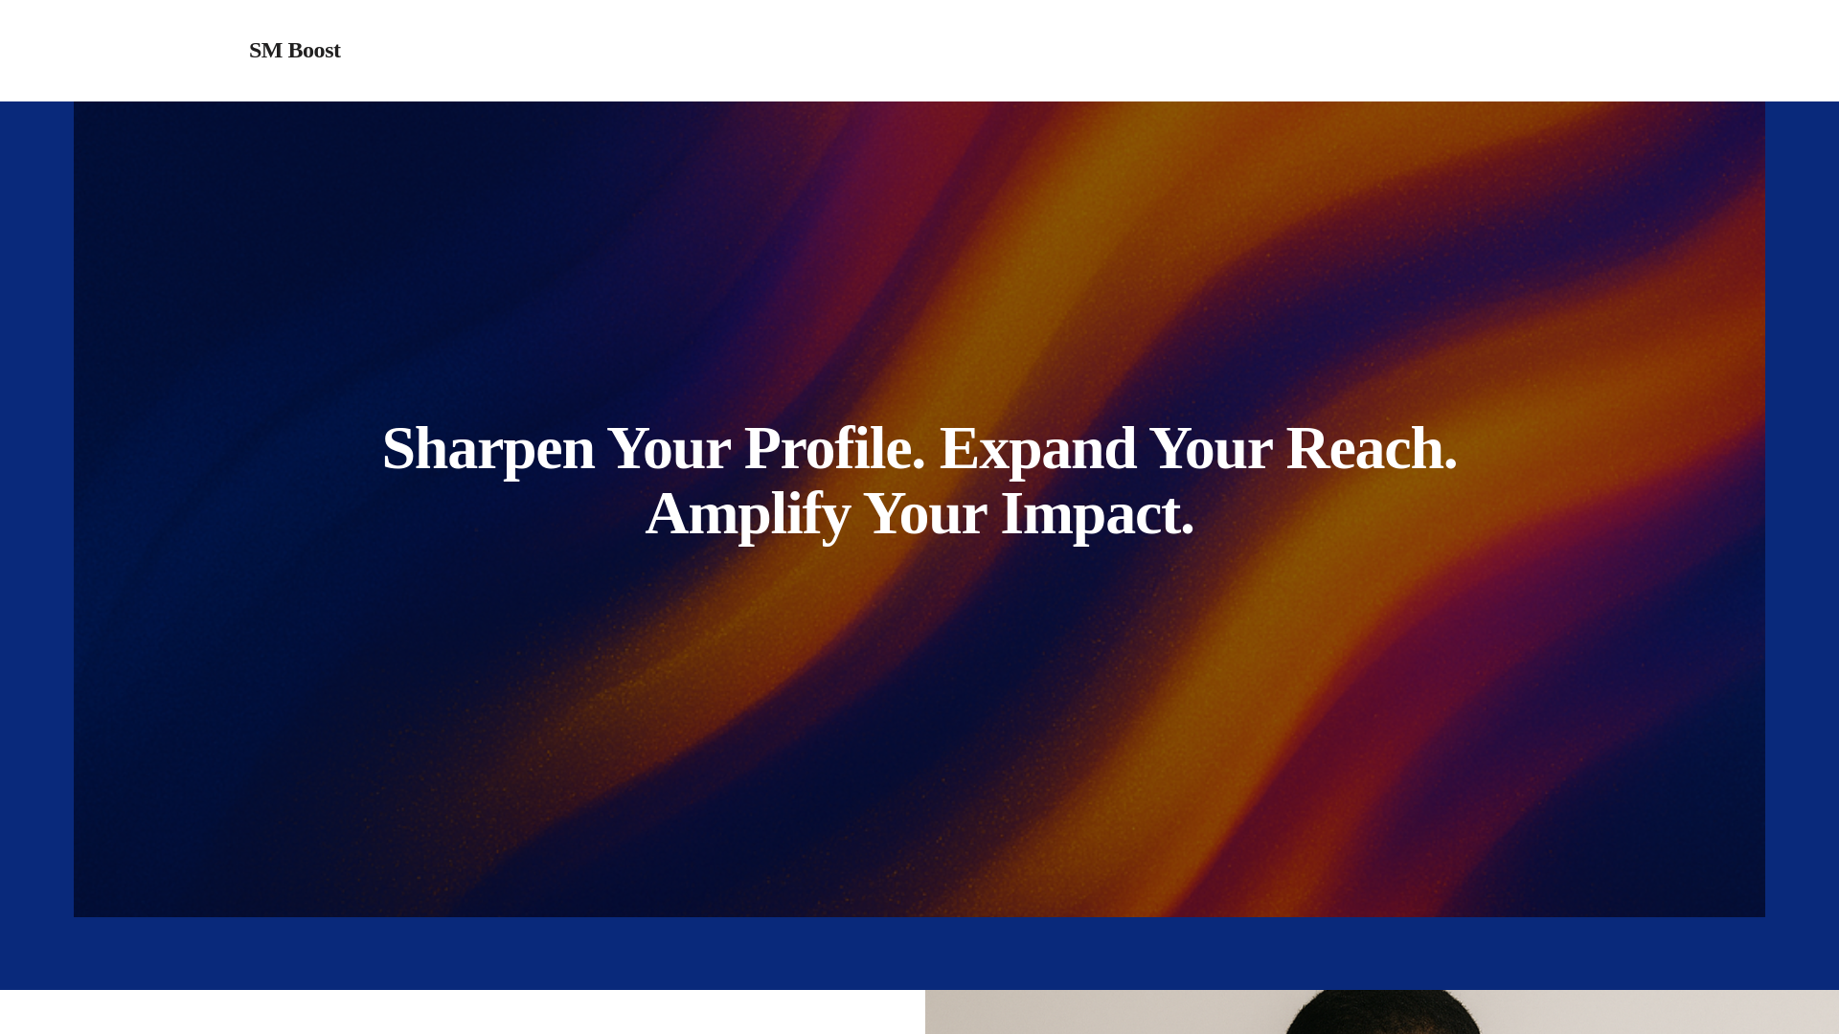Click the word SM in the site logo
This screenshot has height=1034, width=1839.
(x=265, y=50)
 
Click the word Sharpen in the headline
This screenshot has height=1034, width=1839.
(x=488, y=449)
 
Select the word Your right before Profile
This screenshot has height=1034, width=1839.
(x=669, y=448)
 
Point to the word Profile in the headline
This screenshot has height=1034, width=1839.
(x=828, y=448)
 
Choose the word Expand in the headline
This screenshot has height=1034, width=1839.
(x=1037, y=449)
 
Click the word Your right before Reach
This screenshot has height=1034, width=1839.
(x=1211, y=448)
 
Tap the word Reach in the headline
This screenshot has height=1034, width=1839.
(x=1364, y=448)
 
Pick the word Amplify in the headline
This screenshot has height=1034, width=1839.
(x=748, y=514)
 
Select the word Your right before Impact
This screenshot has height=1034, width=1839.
(x=925, y=513)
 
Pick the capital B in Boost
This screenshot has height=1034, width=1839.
(x=295, y=50)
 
